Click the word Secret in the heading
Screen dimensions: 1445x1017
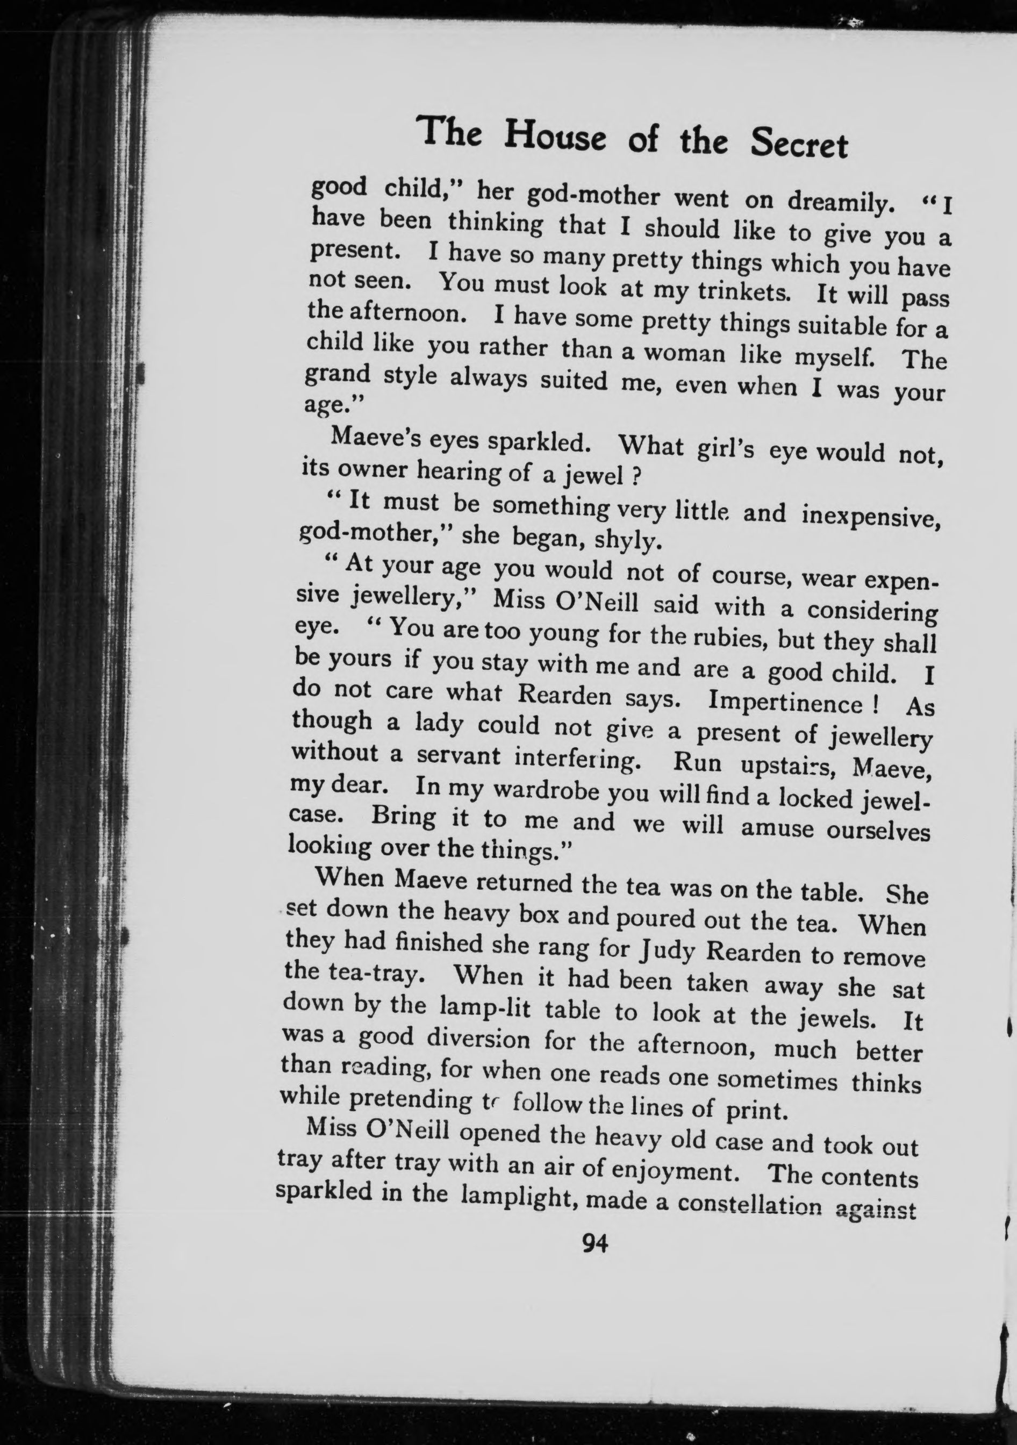799,145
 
